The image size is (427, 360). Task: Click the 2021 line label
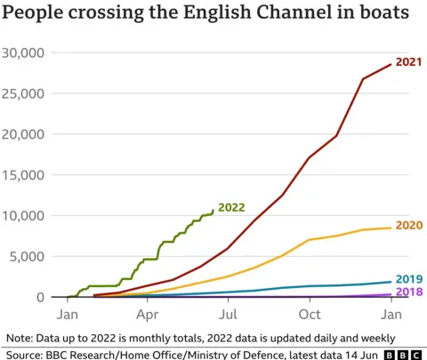click(407, 62)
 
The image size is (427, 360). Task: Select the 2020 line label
click(407, 225)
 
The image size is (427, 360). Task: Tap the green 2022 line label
click(231, 207)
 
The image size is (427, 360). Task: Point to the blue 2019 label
click(407, 277)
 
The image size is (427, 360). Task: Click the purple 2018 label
click(407, 292)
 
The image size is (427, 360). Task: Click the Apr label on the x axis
click(148, 315)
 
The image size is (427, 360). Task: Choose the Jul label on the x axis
click(229, 315)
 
